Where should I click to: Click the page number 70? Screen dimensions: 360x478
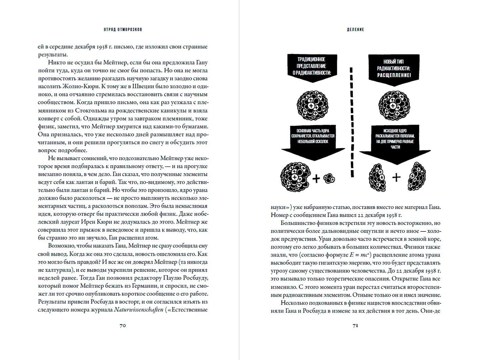tap(122, 325)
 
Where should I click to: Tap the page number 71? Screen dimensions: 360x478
tap(355, 325)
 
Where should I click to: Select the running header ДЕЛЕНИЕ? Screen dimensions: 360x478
tap(355, 30)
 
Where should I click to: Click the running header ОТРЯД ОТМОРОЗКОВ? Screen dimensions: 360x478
tap(123, 30)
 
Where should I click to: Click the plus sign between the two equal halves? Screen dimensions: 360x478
tap(396, 177)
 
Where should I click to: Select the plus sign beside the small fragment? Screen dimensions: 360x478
tap(316, 178)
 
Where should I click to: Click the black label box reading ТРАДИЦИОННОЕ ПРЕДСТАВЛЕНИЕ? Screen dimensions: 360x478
tap(312, 66)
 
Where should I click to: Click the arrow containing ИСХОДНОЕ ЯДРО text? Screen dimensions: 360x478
tap(395, 143)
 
